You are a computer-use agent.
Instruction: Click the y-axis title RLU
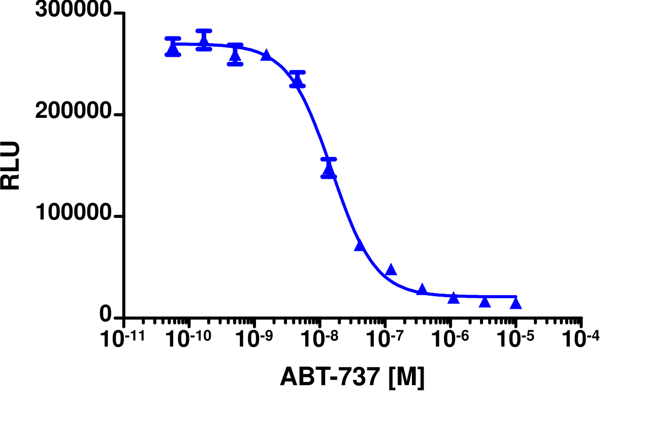tap(11, 166)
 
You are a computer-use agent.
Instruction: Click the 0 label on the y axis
tap(106, 316)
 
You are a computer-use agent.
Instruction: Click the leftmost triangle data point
tap(173, 49)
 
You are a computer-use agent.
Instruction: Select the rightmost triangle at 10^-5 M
tap(516, 303)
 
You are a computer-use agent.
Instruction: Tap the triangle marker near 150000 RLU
tap(329, 171)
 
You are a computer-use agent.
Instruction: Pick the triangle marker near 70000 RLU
tap(360, 245)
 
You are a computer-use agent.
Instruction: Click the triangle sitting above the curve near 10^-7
tap(391, 269)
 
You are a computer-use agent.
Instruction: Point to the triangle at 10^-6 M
tap(454, 298)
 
